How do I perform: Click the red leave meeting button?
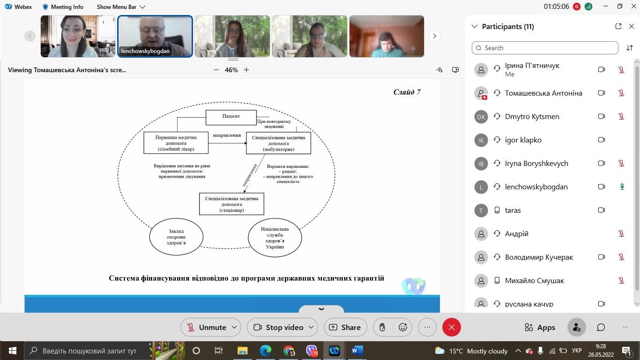click(x=452, y=327)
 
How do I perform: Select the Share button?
click(x=345, y=327)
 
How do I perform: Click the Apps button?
click(x=540, y=327)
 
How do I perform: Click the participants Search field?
click(x=545, y=48)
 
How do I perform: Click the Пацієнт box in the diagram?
click(x=231, y=117)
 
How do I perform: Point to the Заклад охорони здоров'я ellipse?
click(x=176, y=237)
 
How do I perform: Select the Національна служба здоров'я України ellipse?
click(x=275, y=238)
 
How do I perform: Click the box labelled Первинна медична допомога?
click(x=176, y=142)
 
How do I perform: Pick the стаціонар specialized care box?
click(x=232, y=204)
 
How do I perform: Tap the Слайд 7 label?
click(x=407, y=92)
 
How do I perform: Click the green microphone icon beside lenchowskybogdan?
click(x=622, y=187)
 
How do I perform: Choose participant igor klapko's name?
click(x=523, y=140)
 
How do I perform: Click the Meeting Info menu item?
click(x=63, y=7)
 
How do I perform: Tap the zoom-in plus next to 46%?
click(x=246, y=70)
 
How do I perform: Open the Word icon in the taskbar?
click(x=357, y=351)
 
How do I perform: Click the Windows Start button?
click(x=12, y=351)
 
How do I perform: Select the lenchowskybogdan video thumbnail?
click(x=155, y=36)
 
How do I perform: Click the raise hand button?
click(x=382, y=327)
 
